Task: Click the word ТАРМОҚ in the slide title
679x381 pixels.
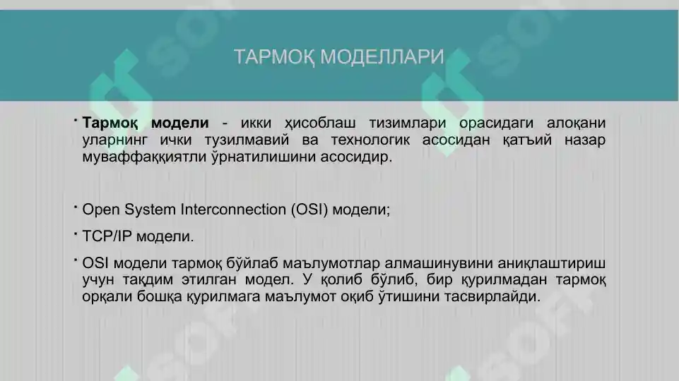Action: tap(273, 57)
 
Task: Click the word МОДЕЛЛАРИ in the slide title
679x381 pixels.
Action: tap(382, 57)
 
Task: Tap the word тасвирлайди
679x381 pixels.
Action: tap(492, 297)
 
